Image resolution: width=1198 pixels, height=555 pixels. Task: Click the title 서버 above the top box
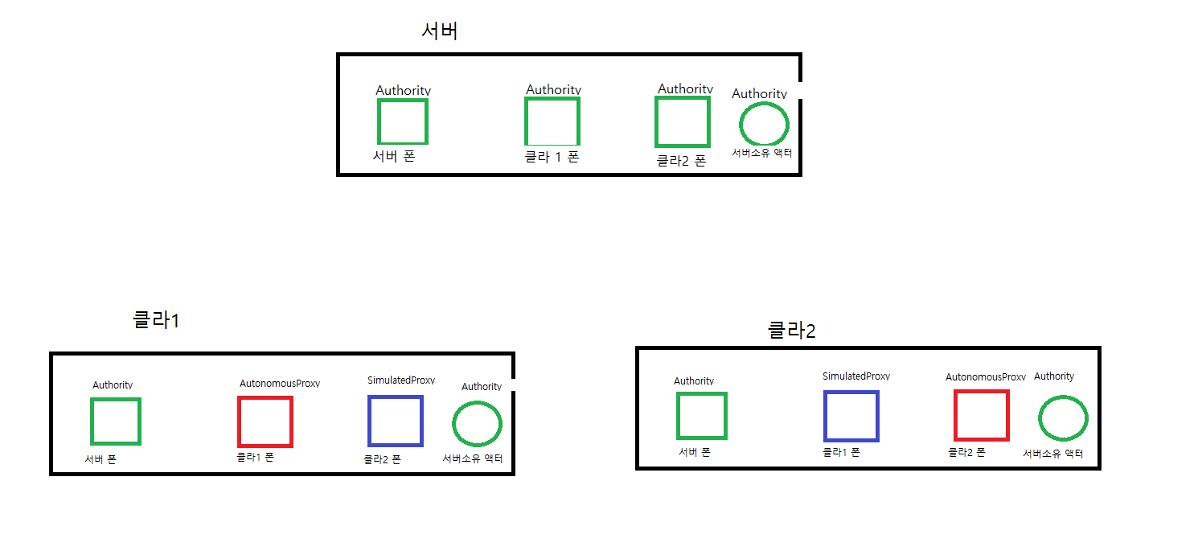(x=440, y=31)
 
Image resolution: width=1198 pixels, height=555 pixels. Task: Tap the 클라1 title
(x=156, y=320)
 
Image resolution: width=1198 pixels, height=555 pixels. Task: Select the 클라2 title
(x=792, y=330)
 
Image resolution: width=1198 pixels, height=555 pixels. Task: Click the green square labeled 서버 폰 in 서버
(x=402, y=121)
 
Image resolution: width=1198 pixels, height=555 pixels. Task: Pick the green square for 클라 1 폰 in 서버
(x=552, y=121)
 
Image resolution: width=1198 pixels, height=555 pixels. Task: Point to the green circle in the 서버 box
(x=764, y=124)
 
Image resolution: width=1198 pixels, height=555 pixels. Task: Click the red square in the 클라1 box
(x=265, y=421)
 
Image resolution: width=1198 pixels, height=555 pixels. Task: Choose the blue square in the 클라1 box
(x=395, y=421)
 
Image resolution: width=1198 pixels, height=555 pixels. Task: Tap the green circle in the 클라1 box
(x=478, y=423)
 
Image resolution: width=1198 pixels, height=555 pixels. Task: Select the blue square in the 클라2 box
(x=851, y=416)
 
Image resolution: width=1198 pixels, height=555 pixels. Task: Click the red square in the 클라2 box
(x=981, y=415)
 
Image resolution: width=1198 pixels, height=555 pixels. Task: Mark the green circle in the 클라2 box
(x=1063, y=418)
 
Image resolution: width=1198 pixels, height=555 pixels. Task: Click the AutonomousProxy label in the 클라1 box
(x=280, y=384)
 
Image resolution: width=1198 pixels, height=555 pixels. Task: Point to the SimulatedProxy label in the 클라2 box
(x=856, y=376)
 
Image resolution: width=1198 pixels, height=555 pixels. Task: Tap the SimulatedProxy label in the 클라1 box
(x=401, y=380)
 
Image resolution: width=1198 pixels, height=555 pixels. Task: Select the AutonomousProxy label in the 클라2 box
(x=985, y=377)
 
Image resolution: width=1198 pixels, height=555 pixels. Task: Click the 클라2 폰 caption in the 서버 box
(x=681, y=161)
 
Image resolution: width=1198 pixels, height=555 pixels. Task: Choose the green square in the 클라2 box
(x=702, y=416)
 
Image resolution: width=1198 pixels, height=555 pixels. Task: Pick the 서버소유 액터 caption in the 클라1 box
(x=473, y=458)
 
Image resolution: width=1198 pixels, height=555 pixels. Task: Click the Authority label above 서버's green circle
(x=759, y=94)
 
